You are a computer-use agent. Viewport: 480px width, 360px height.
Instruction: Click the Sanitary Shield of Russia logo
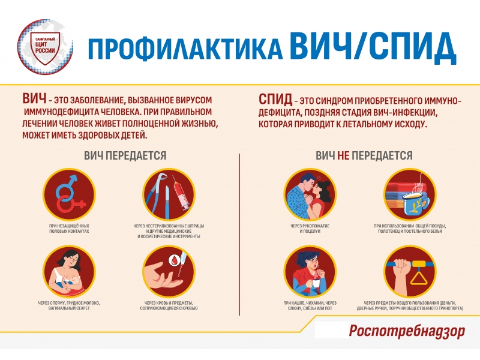[x=45, y=47]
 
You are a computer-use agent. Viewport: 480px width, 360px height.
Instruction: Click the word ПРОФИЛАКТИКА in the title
[x=185, y=49]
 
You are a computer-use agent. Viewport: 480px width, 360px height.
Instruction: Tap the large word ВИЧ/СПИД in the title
[x=373, y=47]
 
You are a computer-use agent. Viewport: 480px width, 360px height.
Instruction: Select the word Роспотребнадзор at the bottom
[x=407, y=331]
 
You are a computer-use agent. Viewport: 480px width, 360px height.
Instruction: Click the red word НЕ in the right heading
[x=343, y=155]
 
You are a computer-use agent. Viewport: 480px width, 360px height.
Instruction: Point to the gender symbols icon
[x=69, y=194]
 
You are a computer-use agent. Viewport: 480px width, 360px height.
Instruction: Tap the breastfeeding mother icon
[x=69, y=272]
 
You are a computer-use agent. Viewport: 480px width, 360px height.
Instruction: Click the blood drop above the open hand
[x=174, y=261]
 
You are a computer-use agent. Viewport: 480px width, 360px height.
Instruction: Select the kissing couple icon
[x=310, y=194]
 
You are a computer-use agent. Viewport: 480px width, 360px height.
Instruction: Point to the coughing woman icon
[x=310, y=272]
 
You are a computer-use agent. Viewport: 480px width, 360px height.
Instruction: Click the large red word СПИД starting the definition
[x=275, y=99]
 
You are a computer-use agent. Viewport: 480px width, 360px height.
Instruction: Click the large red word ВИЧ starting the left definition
[x=34, y=98]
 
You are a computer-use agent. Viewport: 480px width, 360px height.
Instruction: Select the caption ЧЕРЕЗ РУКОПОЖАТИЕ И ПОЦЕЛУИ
[x=310, y=229]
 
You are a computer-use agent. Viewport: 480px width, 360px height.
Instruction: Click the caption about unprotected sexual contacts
[x=69, y=229]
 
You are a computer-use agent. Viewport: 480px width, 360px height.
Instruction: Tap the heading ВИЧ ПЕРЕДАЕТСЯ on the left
[x=125, y=155]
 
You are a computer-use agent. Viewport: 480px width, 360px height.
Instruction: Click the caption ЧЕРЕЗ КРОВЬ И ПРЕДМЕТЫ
[x=169, y=305]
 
